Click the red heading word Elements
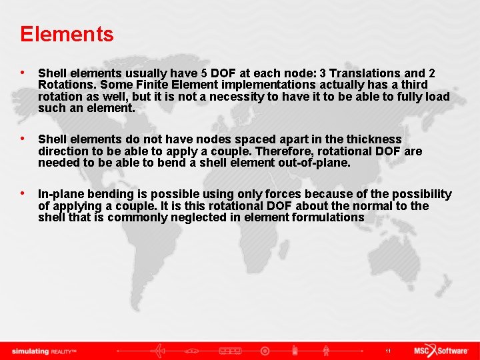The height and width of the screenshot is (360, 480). [67, 34]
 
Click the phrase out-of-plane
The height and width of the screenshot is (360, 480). [313, 163]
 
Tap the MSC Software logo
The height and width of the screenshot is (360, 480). [441, 351]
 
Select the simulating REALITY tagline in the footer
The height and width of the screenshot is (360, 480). [46, 351]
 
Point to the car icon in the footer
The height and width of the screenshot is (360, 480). [196, 351]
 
